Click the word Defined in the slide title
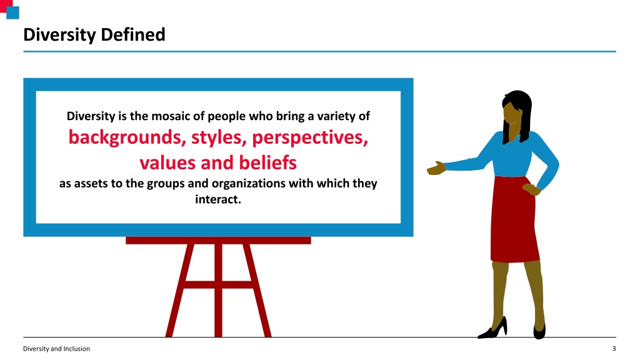[x=132, y=35]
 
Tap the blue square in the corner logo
[x=12, y=12]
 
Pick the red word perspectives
[x=310, y=138]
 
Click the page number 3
[x=614, y=349]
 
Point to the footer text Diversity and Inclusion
[x=56, y=349]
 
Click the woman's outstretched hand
[x=436, y=168]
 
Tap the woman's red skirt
[x=514, y=219]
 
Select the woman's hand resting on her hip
[x=532, y=189]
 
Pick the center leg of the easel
[x=218, y=290]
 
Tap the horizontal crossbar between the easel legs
[x=218, y=284]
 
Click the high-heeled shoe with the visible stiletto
[x=493, y=328]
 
